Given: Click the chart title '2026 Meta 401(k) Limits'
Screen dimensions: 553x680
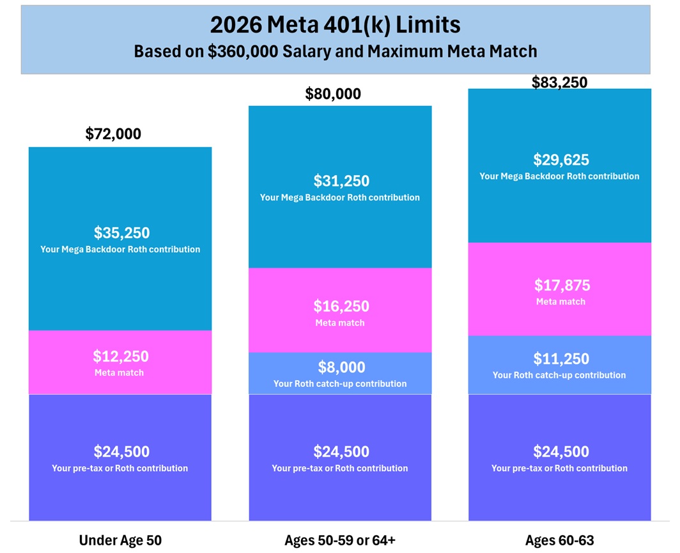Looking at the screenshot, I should coord(335,25).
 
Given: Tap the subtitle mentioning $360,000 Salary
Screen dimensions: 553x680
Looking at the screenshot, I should coord(335,51).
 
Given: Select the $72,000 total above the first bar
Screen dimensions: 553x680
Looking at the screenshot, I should coord(113,134).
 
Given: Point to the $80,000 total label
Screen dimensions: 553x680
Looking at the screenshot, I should coord(333,95).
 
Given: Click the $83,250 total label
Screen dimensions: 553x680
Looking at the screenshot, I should coord(559,82).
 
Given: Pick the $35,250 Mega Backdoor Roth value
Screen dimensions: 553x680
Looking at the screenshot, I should coord(121,232).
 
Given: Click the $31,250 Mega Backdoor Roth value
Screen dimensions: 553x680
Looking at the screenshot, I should coord(341,181).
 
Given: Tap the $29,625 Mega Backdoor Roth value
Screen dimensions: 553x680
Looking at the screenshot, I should coord(561,160).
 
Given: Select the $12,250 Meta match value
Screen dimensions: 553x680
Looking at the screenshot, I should coord(121,356).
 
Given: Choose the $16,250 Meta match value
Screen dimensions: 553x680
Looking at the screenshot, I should coord(341,307).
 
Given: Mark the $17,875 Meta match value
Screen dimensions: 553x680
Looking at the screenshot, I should coord(561,285).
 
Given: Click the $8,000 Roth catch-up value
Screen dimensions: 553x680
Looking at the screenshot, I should coord(341,367).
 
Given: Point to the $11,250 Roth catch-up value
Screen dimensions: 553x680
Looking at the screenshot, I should coord(561,359).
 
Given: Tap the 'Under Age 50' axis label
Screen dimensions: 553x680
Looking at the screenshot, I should coord(120,540).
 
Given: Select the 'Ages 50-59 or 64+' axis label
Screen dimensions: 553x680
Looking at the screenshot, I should coord(340,540).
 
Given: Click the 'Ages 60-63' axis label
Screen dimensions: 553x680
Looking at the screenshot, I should coord(560,540).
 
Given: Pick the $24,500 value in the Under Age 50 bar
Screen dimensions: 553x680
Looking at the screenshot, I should coord(121,452).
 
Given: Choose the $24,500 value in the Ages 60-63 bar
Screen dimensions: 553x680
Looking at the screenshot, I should coord(561,452).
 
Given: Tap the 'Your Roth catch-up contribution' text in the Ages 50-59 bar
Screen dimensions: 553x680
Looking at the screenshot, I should coord(340,384).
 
